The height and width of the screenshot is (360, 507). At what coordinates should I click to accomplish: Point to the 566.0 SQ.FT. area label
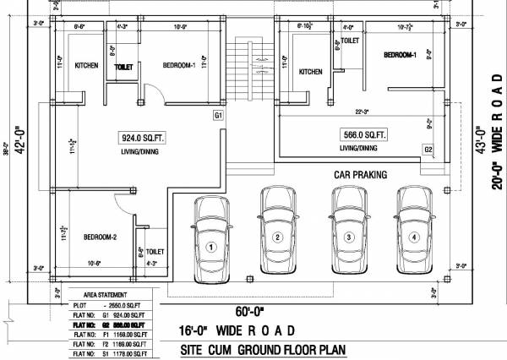(363, 134)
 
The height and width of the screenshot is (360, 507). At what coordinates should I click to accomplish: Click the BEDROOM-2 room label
(100, 238)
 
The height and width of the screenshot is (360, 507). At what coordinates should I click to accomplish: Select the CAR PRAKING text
(359, 175)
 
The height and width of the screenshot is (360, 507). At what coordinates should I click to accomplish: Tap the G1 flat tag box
(218, 114)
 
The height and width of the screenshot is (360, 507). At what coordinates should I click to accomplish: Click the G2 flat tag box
(428, 149)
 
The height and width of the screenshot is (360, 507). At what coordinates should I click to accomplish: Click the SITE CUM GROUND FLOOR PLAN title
(262, 349)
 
